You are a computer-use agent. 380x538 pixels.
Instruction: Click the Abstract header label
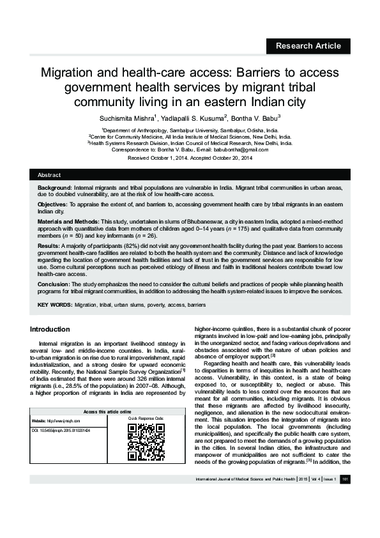49,174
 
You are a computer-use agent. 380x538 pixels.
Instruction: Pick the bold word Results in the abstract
49,245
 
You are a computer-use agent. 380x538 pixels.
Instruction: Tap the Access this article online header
107,411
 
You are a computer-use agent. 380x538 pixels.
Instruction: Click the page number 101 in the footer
344,496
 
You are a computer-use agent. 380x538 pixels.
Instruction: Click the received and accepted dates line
190,157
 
